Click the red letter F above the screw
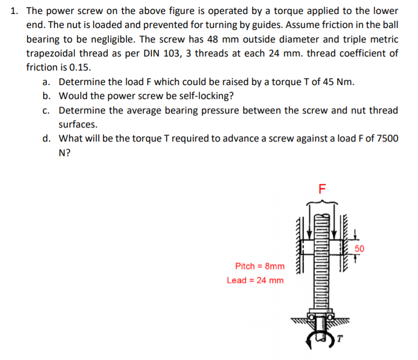click(322, 189)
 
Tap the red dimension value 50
click(360, 249)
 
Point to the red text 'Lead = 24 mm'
click(255, 280)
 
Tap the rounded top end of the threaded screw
click(322, 216)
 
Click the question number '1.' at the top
click(15, 11)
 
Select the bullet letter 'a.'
click(47, 82)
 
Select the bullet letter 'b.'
click(47, 96)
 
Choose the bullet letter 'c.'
click(47, 110)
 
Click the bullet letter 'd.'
click(47, 138)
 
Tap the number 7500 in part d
click(388, 138)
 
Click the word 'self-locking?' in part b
click(207, 96)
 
